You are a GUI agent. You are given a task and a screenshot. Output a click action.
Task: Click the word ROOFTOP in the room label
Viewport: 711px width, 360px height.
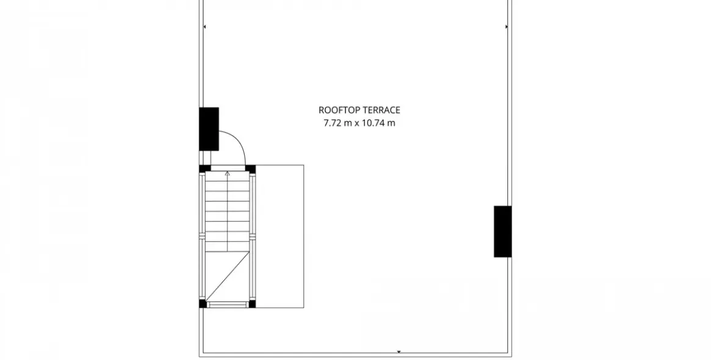(x=338, y=110)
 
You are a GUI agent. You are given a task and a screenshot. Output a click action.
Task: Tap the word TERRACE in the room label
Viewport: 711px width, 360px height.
(x=380, y=110)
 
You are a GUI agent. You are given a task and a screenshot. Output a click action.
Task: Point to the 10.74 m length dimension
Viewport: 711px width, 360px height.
(x=378, y=123)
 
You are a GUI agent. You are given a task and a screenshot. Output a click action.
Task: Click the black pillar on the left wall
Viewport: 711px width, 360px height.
(x=209, y=129)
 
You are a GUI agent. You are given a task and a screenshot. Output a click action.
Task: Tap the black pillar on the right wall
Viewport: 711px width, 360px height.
(x=503, y=232)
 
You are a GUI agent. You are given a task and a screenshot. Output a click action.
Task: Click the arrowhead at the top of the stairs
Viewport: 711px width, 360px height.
(x=228, y=173)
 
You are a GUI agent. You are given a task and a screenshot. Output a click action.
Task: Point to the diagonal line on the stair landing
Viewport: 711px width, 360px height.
(x=228, y=276)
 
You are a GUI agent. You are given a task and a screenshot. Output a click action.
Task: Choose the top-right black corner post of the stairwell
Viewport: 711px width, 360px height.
(x=250, y=169)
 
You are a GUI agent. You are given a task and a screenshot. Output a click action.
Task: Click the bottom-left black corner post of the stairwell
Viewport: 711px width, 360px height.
(x=203, y=304)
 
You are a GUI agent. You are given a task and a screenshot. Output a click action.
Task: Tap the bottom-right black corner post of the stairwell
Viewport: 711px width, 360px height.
(x=252, y=304)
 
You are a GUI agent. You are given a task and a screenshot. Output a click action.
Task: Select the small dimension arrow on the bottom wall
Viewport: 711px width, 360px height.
(x=399, y=352)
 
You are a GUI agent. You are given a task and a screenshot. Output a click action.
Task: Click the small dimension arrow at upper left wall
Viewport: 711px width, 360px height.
(x=204, y=27)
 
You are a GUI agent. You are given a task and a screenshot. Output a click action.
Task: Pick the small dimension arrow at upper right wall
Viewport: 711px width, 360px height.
(x=507, y=27)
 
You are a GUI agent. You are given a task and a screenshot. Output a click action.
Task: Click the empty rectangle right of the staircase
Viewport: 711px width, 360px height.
(x=280, y=236)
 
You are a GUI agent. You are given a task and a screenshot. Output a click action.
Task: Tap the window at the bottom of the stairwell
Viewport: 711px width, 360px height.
(x=228, y=304)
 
